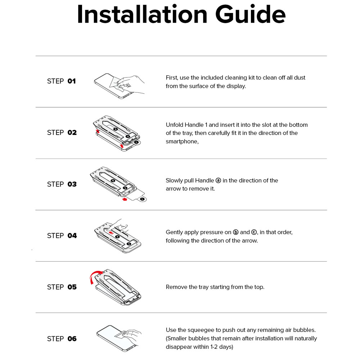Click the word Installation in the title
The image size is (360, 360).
[x=142, y=14]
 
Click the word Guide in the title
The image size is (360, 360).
[x=251, y=14]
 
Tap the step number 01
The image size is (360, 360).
[x=72, y=81]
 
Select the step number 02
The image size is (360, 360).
[x=72, y=132]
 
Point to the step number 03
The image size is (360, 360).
[x=72, y=184]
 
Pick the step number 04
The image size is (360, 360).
[x=72, y=235]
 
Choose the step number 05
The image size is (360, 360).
[x=72, y=287]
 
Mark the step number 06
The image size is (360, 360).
[x=72, y=339]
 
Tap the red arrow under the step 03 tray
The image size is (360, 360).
[x=125, y=199]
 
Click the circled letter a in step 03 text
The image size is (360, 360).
[x=219, y=180]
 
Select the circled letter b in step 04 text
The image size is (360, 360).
[x=235, y=232]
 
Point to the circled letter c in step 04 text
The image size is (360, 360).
[x=254, y=232]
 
